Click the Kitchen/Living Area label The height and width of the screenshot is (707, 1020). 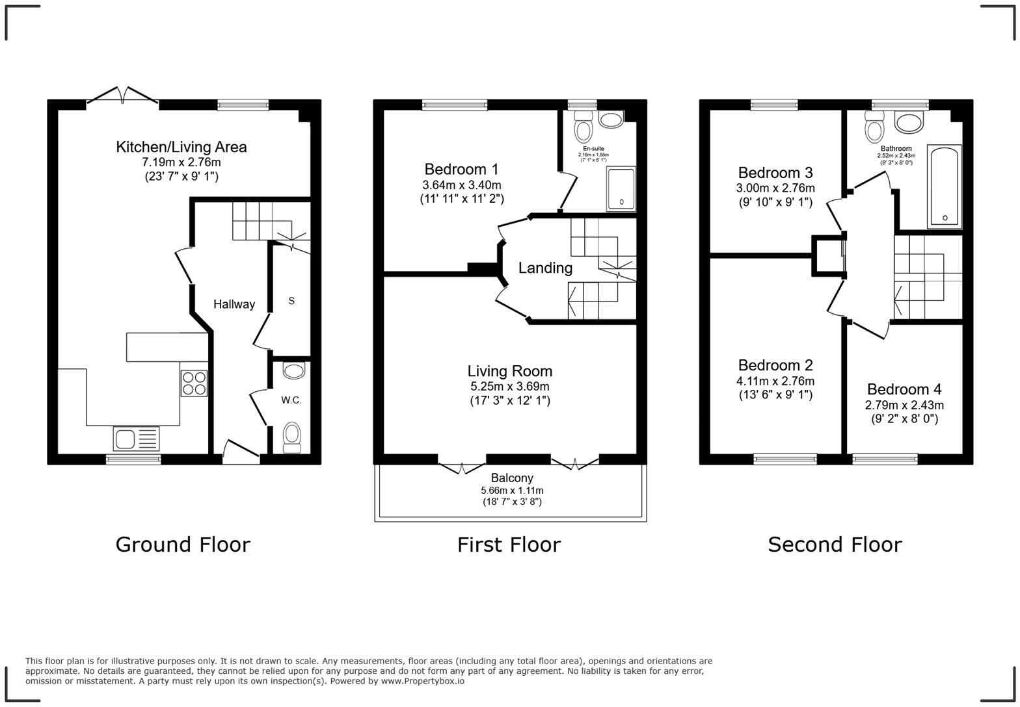click(181, 147)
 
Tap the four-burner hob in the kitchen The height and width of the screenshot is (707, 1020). click(193, 383)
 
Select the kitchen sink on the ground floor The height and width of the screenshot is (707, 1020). click(136, 439)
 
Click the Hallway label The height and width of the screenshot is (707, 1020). click(234, 304)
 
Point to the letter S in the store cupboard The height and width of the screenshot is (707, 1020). click(291, 300)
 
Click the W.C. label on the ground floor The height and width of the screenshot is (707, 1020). click(291, 400)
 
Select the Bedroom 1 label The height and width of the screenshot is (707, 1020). click(461, 170)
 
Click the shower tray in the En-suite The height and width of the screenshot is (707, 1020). click(621, 188)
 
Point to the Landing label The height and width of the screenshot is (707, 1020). click(545, 268)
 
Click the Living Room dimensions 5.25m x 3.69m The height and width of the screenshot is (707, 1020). click(510, 387)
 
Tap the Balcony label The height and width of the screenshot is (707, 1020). click(512, 478)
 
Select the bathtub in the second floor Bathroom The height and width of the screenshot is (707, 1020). click(945, 186)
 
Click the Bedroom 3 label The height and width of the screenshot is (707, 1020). click(775, 173)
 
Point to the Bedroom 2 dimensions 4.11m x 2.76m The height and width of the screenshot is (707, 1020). click(775, 381)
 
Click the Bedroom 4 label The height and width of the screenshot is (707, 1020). click(904, 389)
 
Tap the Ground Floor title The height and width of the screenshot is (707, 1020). click(183, 545)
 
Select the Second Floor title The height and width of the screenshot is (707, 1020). click(835, 545)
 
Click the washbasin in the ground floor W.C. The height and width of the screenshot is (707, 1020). click(294, 372)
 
